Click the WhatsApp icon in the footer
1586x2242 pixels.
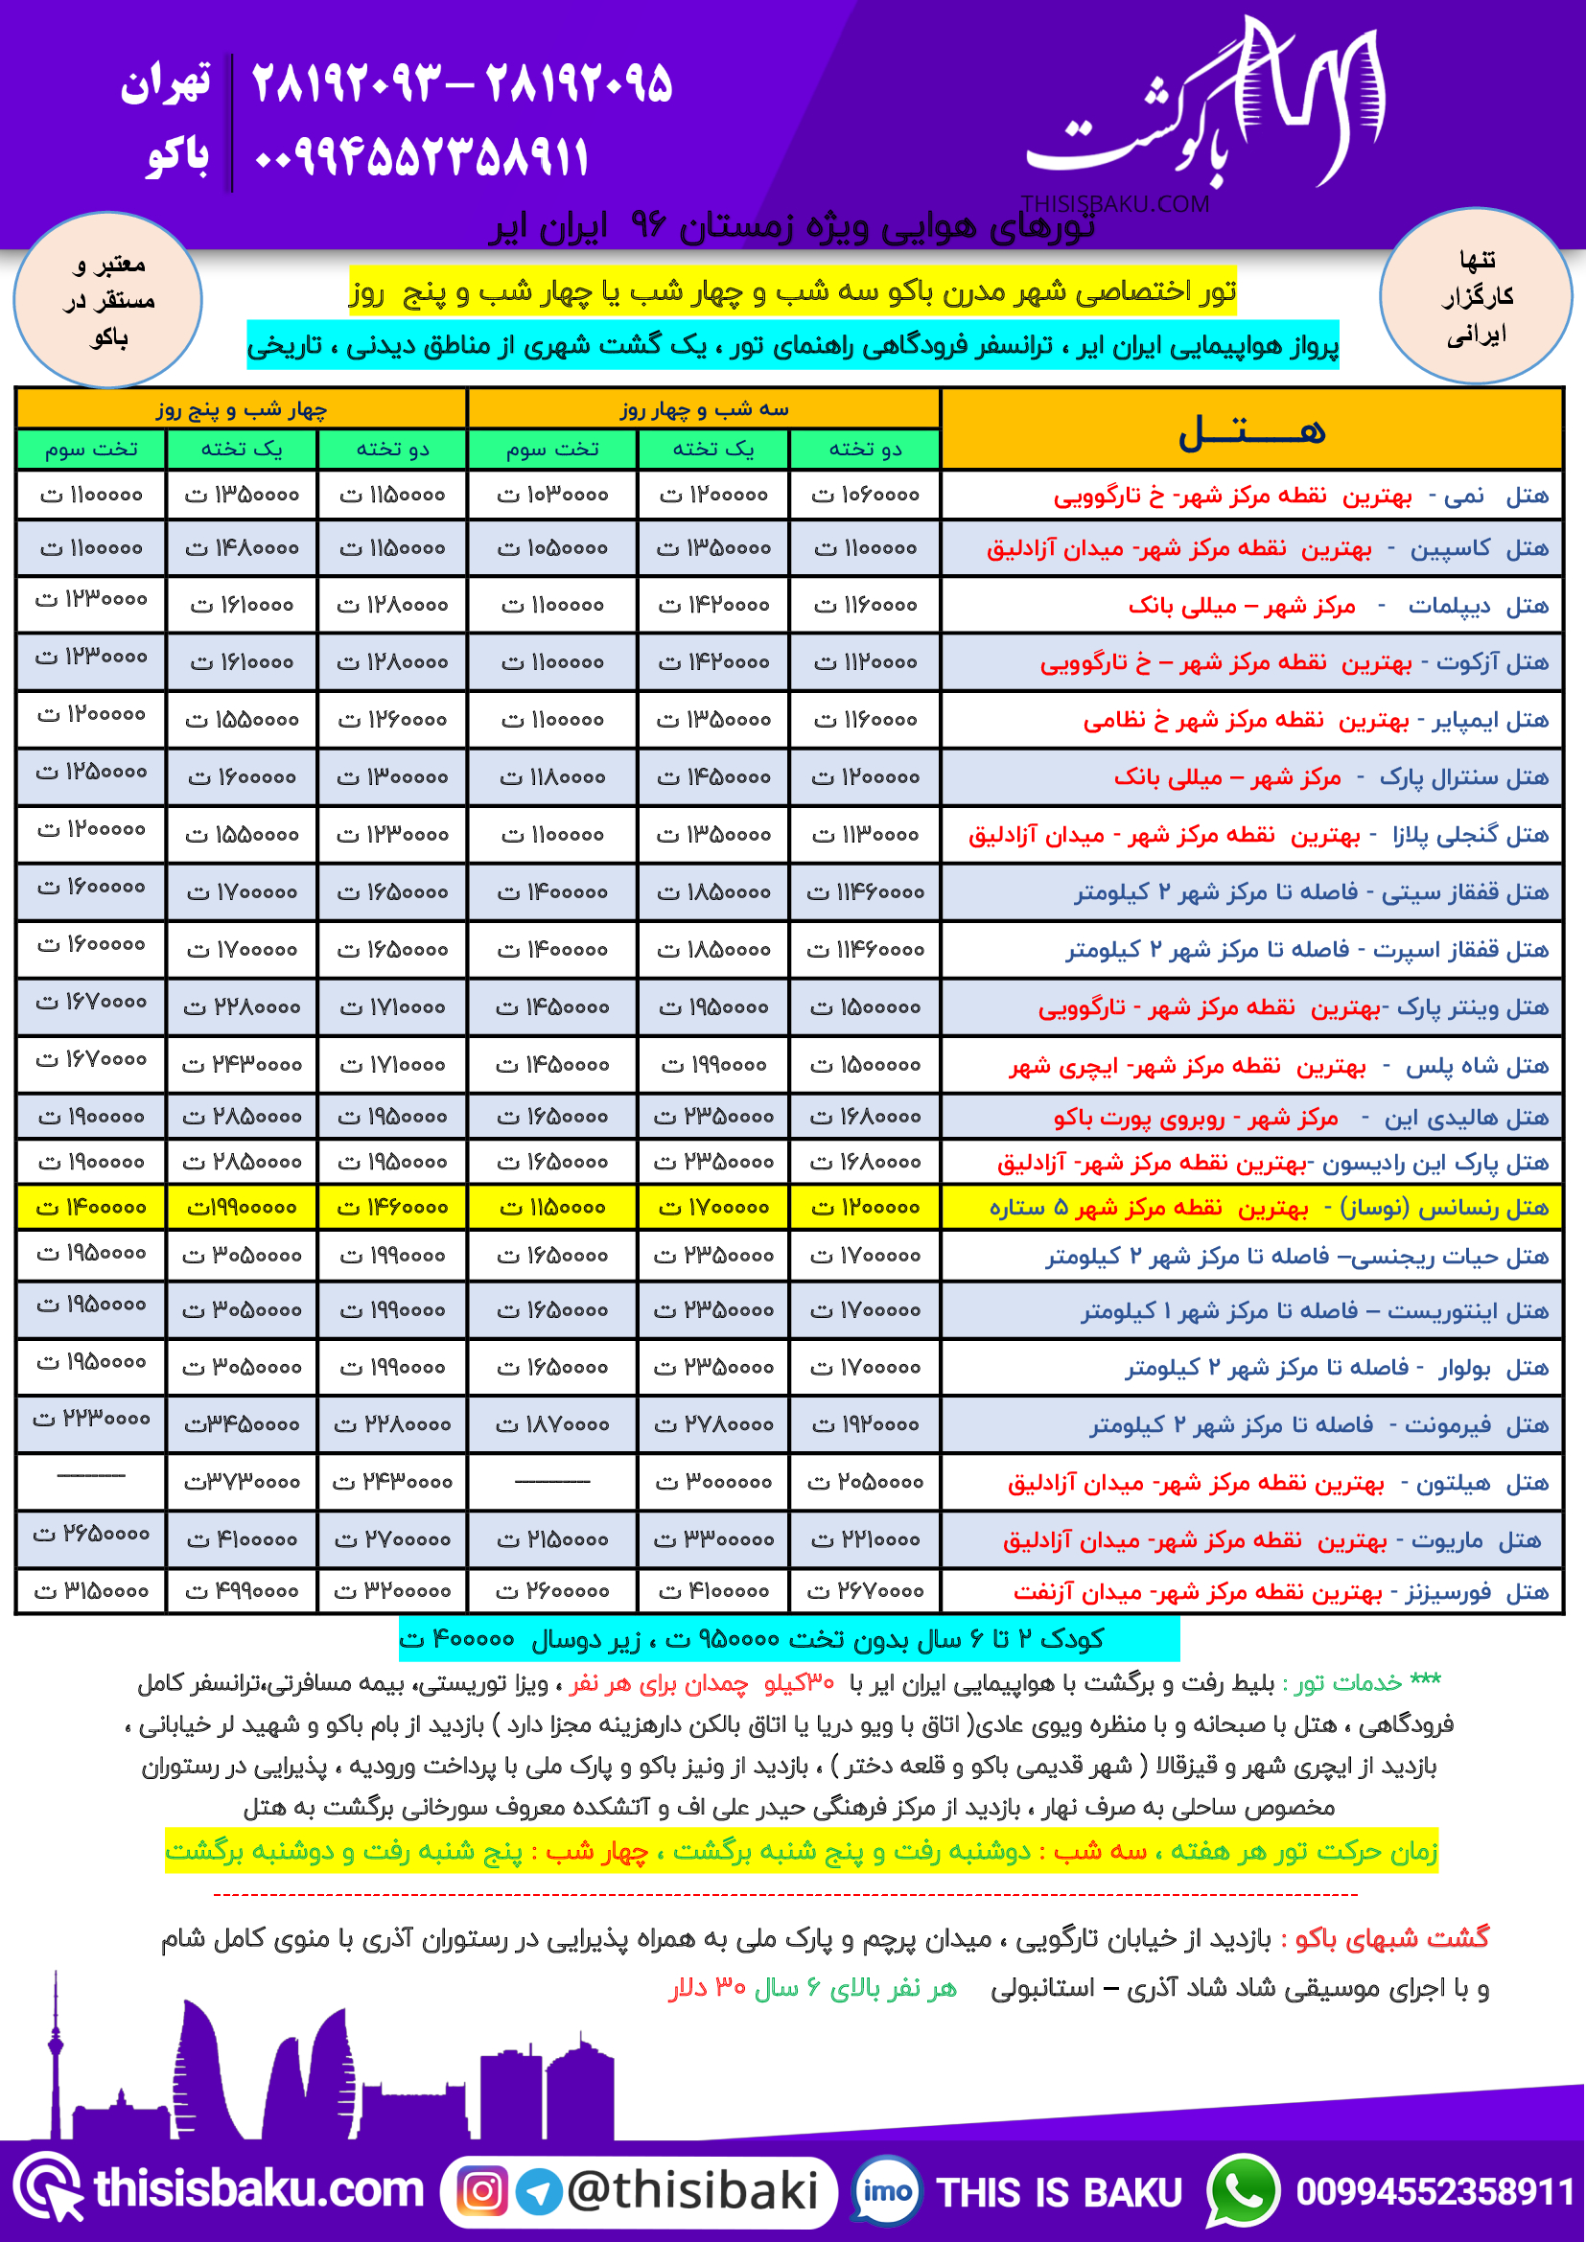coord(1242,2191)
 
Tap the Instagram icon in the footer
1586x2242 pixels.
coord(482,2191)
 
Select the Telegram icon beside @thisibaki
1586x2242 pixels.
coord(538,2191)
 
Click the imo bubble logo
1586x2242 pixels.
coord(887,2191)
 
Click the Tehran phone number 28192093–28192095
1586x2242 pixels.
coord(462,84)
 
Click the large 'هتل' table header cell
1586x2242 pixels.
coord(1252,429)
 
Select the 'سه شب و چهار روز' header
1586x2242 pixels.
coord(703,409)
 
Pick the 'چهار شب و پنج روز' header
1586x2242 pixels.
coord(242,409)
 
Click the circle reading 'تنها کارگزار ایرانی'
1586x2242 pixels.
coord(1475,296)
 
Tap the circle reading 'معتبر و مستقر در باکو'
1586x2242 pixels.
coord(108,300)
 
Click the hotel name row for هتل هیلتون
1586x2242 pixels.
coord(1252,1483)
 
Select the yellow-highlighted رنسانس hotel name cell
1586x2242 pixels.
coord(1252,1208)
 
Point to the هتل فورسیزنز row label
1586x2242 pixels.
coord(1252,1592)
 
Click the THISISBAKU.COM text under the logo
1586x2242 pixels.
coord(1114,204)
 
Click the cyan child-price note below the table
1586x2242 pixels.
coord(789,1638)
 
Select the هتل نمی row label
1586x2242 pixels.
coord(1252,497)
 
